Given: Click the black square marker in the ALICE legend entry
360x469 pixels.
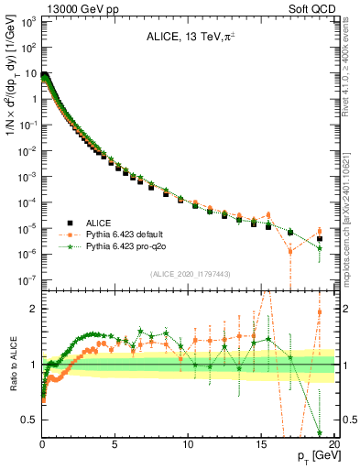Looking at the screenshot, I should click(71, 223).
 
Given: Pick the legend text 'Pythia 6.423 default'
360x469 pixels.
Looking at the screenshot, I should click(131, 234).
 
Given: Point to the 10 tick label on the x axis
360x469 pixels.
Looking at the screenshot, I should click(189, 444).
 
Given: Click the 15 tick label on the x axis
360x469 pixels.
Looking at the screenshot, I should click(261, 444).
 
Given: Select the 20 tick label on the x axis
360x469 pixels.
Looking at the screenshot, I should click(333, 444).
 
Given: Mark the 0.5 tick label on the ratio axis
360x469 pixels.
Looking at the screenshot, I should click(29, 420).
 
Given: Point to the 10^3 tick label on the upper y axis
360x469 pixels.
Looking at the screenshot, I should click(27, 20).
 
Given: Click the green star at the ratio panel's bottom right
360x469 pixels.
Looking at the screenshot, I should click(320, 432).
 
